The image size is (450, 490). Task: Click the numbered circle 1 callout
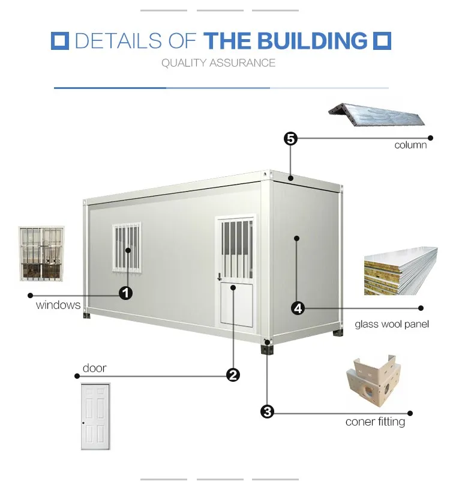[x=125, y=293]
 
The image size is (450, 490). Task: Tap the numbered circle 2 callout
[x=233, y=375]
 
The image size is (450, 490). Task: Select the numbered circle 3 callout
[x=268, y=411]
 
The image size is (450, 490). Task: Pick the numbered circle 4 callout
[x=298, y=308]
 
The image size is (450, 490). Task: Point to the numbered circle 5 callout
[x=290, y=139]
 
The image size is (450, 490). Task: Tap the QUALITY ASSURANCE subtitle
[x=218, y=63]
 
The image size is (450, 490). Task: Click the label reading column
[x=410, y=145]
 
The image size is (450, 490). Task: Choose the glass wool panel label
[x=392, y=324]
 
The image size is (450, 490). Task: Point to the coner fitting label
[x=375, y=421]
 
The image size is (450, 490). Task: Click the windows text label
[x=58, y=305]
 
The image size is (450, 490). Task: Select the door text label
[x=95, y=368]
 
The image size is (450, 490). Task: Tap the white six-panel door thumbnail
[x=95, y=416]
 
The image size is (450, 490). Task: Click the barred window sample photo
[x=41, y=253]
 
